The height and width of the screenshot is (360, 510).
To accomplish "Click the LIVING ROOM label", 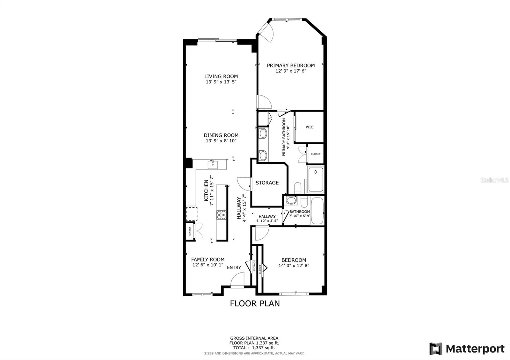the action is click(x=221, y=76).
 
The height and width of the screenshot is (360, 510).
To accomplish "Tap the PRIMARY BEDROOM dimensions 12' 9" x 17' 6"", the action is click(x=291, y=71).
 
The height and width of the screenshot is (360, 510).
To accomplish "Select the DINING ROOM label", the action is click(x=221, y=135).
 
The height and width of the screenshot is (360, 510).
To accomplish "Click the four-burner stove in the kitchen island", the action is click(x=221, y=215).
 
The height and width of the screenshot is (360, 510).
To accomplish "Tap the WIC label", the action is click(x=310, y=127).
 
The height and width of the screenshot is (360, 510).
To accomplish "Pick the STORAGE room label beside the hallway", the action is click(x=267, y=183).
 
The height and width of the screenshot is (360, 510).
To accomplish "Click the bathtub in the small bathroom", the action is click(x=317, y=211).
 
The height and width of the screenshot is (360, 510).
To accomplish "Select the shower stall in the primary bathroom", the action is click(x=316, y=180).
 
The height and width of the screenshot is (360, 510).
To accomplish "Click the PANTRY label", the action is click(x=190, y=231).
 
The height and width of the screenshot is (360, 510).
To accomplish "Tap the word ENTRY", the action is click(x=234, y=267).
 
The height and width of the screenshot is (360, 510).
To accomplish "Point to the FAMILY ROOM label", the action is click(x=208, y=259).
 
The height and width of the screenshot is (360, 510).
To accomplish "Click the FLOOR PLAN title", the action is click(x=255, y=303).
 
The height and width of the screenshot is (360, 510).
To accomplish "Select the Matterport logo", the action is click(x=467, y=349).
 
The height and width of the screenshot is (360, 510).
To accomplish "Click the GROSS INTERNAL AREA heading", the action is click(x=254, y=338).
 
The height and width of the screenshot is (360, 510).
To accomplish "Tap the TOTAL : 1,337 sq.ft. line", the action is click(x=254, y=348).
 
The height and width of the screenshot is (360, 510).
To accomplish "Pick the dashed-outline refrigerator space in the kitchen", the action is click(x=192, y=214).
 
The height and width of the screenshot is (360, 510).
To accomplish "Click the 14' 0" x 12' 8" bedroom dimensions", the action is click(x=294, y=265).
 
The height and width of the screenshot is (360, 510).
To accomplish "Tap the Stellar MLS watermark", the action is click(x=494, y=180).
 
